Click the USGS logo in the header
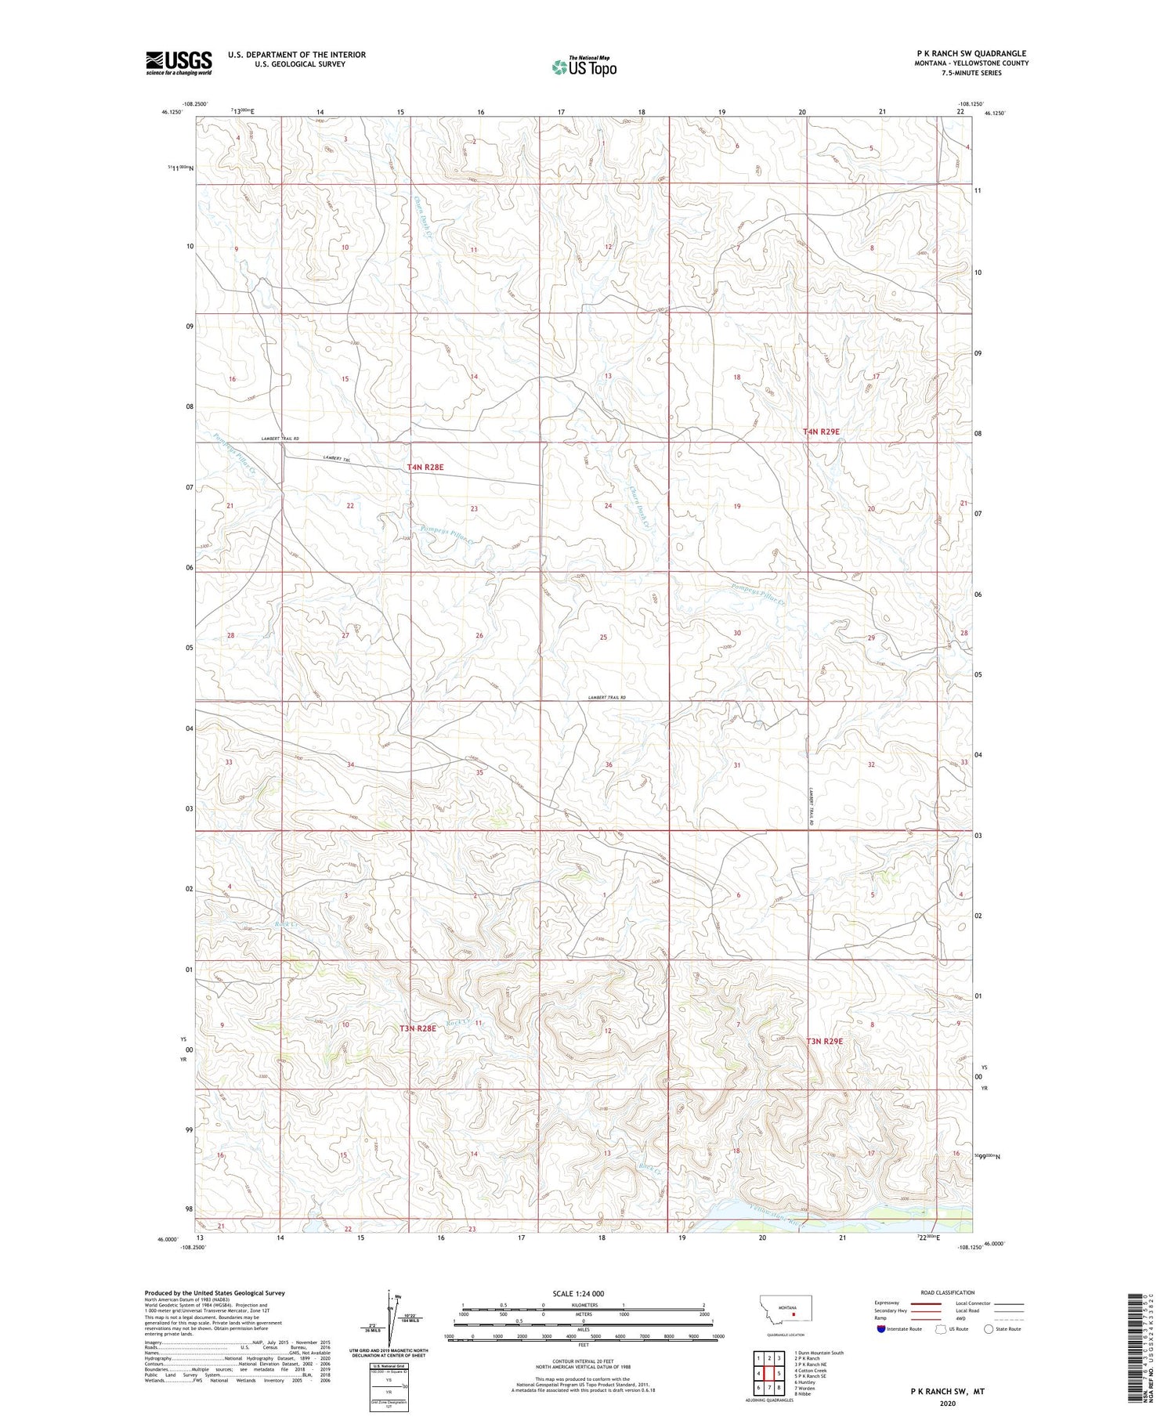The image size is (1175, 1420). [179, 63]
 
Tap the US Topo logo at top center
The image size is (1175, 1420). [584, 67]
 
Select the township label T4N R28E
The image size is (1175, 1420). [425, 468]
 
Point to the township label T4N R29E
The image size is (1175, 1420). [821, 432]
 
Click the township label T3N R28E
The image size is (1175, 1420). [418, 1028]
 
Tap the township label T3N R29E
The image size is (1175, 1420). [824, 1041]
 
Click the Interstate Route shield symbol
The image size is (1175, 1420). [881, 1329]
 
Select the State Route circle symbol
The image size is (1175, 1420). [989, 1329]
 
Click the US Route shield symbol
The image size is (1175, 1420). [940, 1329]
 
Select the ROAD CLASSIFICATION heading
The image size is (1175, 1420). [947, 1293]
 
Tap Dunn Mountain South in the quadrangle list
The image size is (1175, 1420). [820, 1353]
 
